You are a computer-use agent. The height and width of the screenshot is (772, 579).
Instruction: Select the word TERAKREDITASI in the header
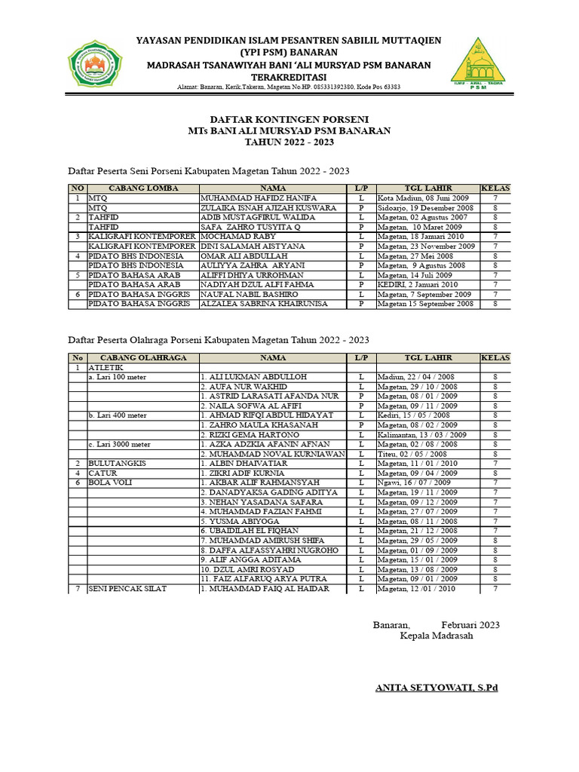289,77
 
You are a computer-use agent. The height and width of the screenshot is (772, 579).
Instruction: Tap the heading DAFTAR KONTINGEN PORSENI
289,119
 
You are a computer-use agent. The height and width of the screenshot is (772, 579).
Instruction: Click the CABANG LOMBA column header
142,188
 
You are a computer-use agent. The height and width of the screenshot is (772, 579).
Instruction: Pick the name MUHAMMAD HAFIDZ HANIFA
247,198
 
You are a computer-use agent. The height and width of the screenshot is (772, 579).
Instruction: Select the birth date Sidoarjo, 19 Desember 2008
425,207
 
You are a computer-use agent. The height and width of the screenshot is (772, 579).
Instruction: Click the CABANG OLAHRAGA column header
142,357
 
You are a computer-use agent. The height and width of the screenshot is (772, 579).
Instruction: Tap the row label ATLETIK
106,367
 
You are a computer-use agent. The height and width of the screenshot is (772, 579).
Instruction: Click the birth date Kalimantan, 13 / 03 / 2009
422,434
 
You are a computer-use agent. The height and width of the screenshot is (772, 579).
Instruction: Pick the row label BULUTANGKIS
115,463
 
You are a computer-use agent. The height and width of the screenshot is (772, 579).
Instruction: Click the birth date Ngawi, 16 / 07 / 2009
414,482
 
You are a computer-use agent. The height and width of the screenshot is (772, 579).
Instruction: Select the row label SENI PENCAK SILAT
127,588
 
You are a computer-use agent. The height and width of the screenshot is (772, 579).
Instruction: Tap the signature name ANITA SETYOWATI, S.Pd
437,688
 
